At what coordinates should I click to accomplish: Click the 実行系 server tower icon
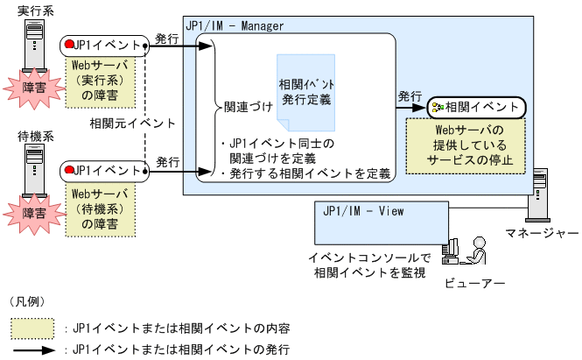pos(32,43)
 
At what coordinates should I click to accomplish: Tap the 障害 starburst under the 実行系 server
pos(34,88)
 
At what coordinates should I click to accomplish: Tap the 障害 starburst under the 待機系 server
pos(34,212)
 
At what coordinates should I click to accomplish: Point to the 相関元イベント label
pos(132,123)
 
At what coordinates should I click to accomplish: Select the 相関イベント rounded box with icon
pos(476,108)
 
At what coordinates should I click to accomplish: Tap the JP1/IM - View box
pos(375,222)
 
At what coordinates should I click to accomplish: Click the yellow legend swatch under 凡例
pos(32,328)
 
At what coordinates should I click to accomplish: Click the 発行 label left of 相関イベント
pos(410,95)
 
